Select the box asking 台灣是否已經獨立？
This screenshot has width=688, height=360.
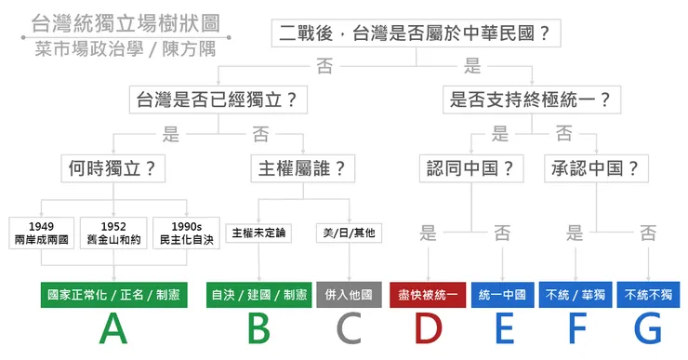216,99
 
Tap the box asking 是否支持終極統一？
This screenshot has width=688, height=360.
530,99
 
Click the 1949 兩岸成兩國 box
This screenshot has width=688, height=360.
41,233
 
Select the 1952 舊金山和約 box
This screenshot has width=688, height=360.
114,233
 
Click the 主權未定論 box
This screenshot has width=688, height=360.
260,232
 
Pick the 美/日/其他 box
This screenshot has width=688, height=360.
348,232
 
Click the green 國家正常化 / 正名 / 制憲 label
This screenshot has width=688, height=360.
113,296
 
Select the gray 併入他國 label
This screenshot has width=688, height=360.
349,296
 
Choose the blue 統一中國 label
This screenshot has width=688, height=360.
503,296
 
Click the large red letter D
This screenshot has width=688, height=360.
427,329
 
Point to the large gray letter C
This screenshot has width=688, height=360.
349,329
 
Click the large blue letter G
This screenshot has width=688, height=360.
647,329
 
